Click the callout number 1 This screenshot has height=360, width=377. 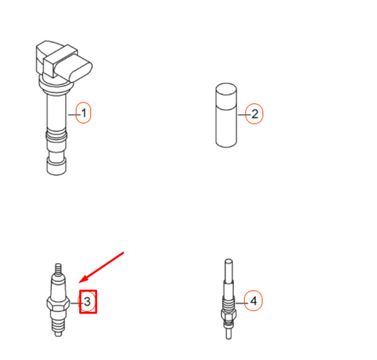[x=83, y=113]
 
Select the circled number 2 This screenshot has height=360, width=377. [x=254, y=113]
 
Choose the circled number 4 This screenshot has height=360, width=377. [x=253, y=301]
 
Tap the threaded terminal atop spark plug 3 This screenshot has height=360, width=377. [x=59, y=270]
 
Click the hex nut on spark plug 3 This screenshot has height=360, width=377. [x=59, y=304]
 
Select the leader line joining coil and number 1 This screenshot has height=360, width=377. [x=72, y=113]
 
